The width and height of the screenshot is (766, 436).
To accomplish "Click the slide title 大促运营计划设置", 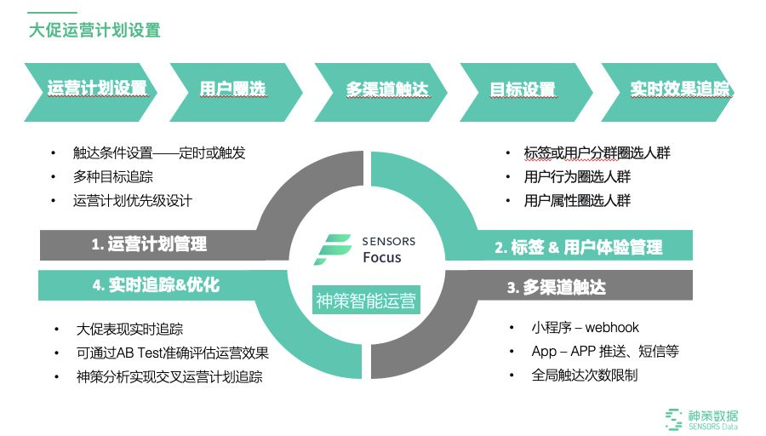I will (x=94, y=30).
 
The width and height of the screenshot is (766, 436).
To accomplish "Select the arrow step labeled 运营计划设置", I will (x=96, y=89).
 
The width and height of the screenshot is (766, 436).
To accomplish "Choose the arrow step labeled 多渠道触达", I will (x=386, y=89).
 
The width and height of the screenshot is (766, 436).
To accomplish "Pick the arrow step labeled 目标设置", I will (x=522, y=89).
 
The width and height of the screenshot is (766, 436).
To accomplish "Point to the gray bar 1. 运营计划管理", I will (x=149, y=244).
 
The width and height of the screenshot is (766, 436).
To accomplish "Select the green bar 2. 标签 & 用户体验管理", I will (x=579, y=247).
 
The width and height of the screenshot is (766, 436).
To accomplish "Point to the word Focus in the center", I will (x=382, y=257).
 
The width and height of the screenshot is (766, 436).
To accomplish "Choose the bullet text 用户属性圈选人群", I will (x=577, y=201).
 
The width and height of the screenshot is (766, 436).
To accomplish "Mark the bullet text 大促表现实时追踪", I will (x=129, y=330).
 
